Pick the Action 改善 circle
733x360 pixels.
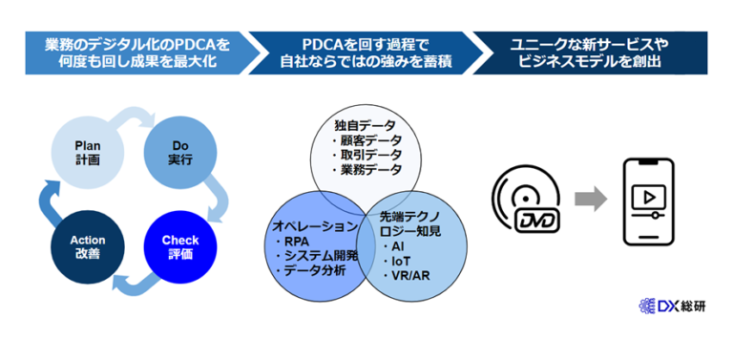pyautogui.click(x=88, y=245)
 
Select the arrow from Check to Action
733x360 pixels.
pyautogui.click(x=135, y=283)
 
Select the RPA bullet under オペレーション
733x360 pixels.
pyautogui.click(x=297, y=242)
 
